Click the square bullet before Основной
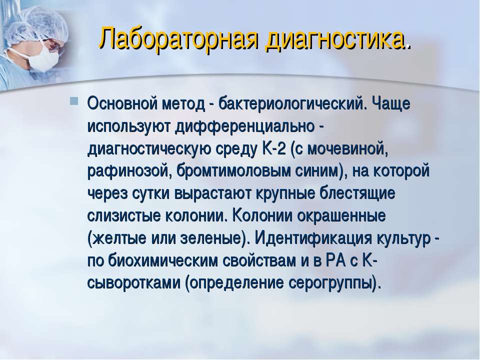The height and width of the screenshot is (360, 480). point(74,101)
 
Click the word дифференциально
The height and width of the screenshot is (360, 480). point(244,126)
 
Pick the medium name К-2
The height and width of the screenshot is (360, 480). point(274,149)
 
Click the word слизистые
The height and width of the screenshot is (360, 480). point(123,216)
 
